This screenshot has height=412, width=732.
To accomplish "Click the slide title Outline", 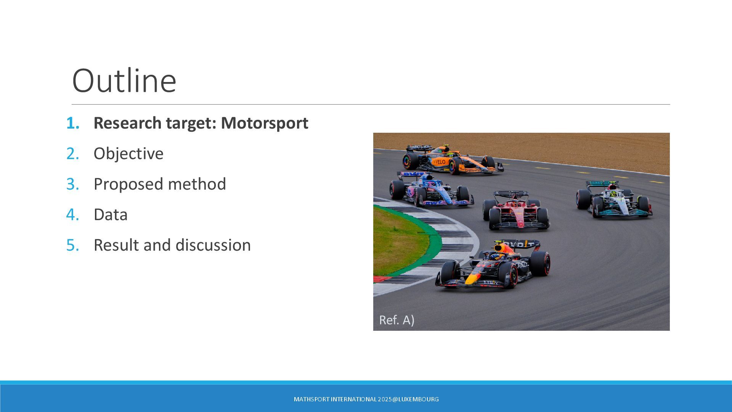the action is click(x=124, y=80).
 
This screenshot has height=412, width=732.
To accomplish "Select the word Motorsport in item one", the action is click(x=265, y=123).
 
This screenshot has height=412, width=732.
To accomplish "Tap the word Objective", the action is click(x=128, y=154).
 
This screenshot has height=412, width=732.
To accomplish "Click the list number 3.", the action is click(x=72, y=184).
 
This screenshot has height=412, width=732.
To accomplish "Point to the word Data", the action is click(x=111, y=214).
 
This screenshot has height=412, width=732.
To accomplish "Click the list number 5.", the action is click(x=72, y=245).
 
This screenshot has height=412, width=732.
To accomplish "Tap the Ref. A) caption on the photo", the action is click(x=396, y=320).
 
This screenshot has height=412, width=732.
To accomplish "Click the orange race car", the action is click(x=453, y=159).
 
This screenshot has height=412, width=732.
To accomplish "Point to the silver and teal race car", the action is click(x=614, y=200).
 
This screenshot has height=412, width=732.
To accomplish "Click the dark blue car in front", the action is click(x=493, y=264).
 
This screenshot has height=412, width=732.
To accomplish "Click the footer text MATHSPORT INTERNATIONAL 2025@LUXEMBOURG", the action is click(x=366, y=399).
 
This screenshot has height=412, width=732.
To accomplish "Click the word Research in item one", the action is click(x=128, y=123).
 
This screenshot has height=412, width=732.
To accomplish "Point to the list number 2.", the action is click(x=72, y=153).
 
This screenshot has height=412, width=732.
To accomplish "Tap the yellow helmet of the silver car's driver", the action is click(x=613, y=194).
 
